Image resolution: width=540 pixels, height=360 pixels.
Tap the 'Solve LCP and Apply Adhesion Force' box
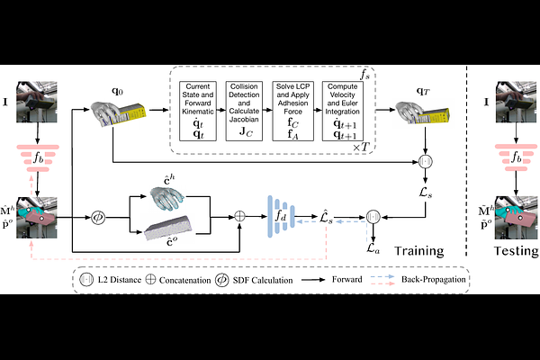click(298, 110)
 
